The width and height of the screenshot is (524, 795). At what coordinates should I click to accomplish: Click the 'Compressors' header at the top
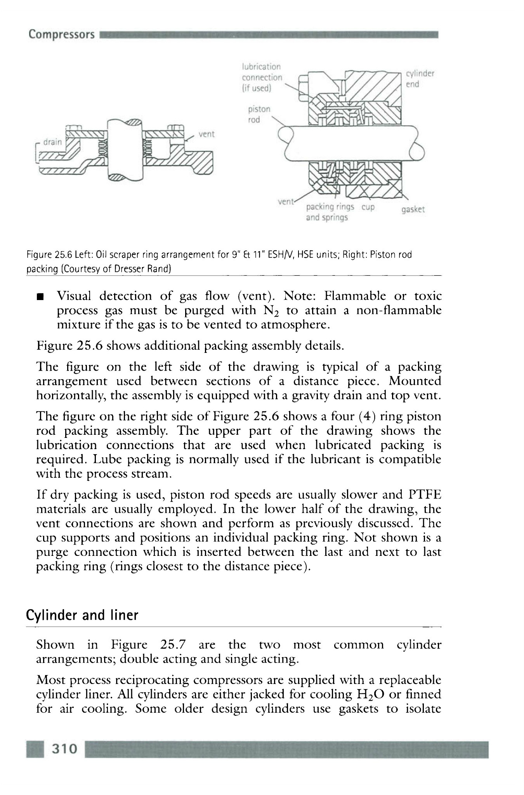pyautogui.click(x=61, y=34)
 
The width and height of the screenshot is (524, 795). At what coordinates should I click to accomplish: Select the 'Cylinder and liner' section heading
pyautogui.click(x=82, y=615)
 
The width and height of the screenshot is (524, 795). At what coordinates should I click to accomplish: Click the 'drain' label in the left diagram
pyautogui.click(x=52, y=142)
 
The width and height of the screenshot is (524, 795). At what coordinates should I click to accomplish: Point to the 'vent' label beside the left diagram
pyautogui.click(x=206, y=134)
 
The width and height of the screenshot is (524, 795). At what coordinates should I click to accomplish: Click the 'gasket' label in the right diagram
pyautogui.click(x=413, y=210)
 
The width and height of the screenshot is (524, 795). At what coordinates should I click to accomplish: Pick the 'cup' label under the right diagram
pyautogui.click(x=368, y=207)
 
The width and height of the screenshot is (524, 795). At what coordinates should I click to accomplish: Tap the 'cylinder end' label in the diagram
pyautogui.click(x=420, y=79)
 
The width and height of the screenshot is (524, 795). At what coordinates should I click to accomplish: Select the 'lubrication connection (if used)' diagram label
pyautogui.click(x=261, y=77)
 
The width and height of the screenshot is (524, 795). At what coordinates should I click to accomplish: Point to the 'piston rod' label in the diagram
pyautogui.click(x=259, y=114)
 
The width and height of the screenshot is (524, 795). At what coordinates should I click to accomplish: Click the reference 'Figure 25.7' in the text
pyautogui.click(x=148, y=645)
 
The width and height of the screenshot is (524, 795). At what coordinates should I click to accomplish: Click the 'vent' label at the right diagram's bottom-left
pyautogui.click(x=286, y=202)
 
